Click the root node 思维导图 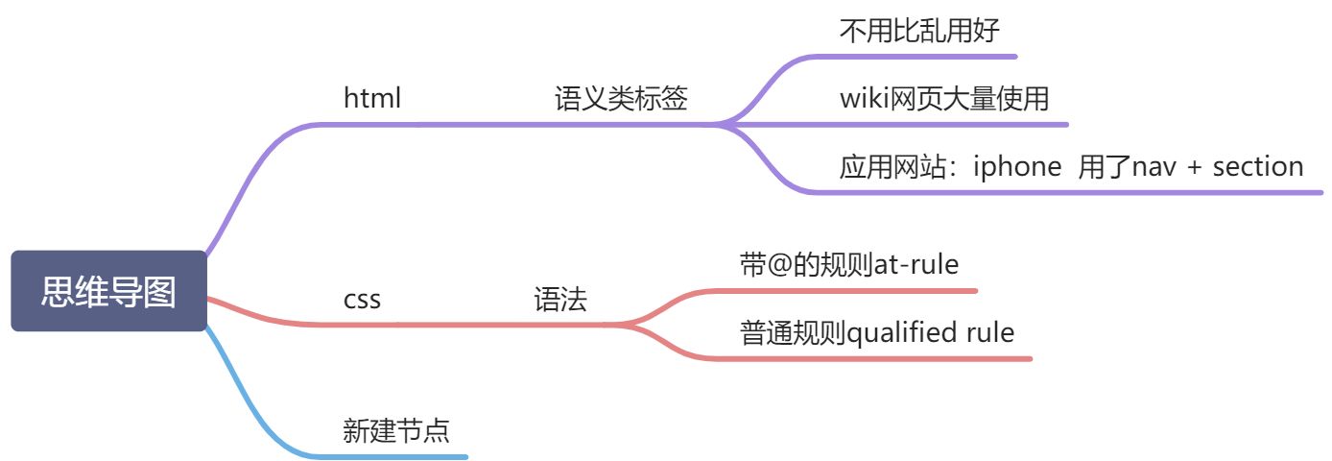coord(108,292)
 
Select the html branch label coord(372,98)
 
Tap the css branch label coord(362,300)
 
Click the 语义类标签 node coord(621,98)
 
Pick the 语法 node coord(560,300)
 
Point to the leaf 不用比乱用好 coord(919,31)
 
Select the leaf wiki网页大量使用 coord(944,98)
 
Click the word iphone coord(1017,166)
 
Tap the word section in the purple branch coord(1258,166)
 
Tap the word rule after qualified coord(990,333)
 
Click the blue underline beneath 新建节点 coord(403,455)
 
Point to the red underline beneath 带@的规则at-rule coord(854,289)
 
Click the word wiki coord(860,98)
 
